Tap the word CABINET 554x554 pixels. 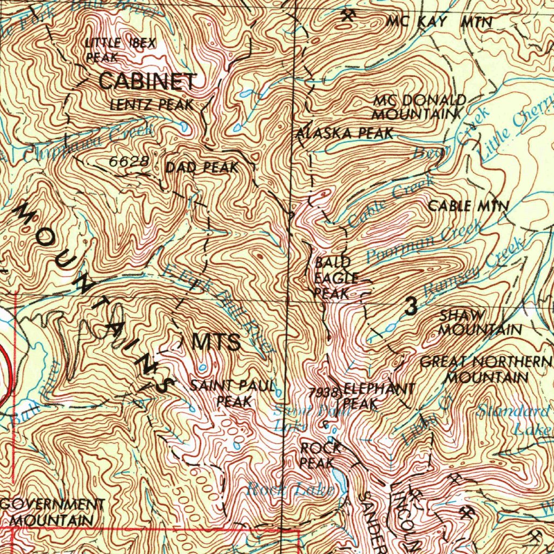click(147, 82)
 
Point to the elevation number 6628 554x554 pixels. click(128, 162)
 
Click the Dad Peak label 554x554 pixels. click(201, 168)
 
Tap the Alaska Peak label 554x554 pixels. click(346, 134)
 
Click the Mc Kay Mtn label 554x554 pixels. click(439, 22)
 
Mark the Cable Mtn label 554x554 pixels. click(469, 206)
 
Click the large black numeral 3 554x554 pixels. click(411, 307)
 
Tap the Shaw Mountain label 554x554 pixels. click(479, 322)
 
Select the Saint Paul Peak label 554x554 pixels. click(233, 394)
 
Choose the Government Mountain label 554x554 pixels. click(52, 512)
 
